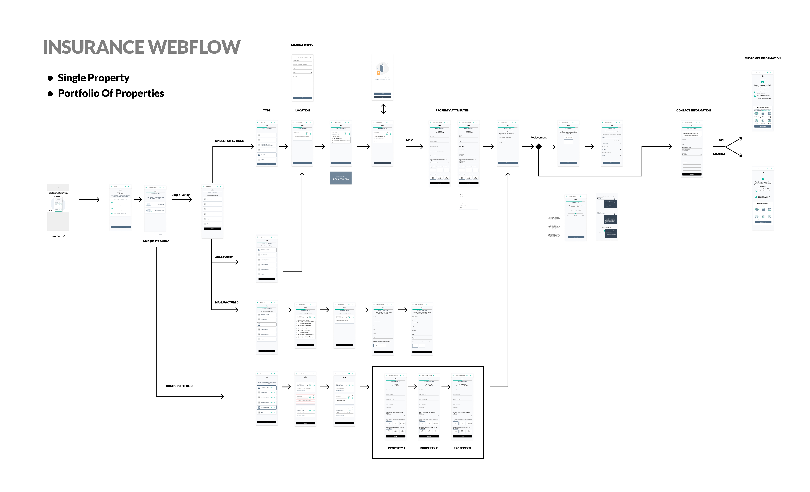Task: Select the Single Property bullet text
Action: (x=93, y=78)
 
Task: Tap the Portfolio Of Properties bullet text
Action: (x=111, y=93)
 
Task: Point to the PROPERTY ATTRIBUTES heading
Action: (x=452, y=110)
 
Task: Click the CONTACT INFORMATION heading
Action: (x=693, y=110)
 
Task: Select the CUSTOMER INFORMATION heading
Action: (x=762, y=58)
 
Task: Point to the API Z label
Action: (x=409, y=140)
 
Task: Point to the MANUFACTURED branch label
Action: (x=226, y=302)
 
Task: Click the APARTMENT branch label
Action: (x=223, y=257)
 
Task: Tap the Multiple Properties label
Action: (x=156, y=241)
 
